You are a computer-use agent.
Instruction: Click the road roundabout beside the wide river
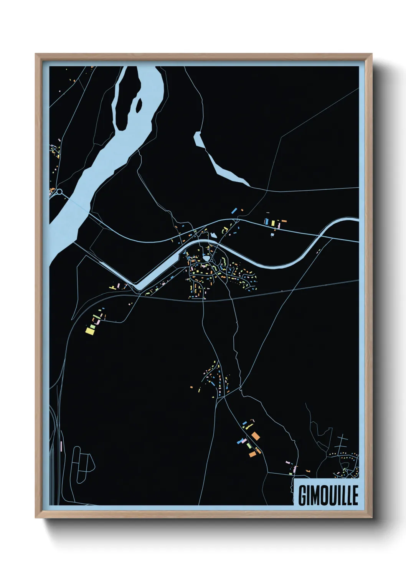pos(59,192)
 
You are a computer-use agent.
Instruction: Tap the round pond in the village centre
pos(207,259)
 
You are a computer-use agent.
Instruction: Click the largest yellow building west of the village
pos(90,330)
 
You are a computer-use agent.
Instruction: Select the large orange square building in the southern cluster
pos(256,436)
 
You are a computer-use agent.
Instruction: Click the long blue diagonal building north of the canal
pos(234,210)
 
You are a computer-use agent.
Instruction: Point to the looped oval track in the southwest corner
pos(83,464)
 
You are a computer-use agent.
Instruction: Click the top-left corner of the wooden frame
pos(36,54)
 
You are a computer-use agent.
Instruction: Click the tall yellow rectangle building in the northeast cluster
pos(272,223)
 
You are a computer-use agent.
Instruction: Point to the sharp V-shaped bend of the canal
pos(137,286)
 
